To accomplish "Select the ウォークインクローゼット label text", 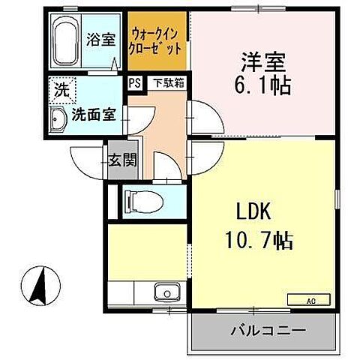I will [156, 41].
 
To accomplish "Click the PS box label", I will [134, 83].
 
